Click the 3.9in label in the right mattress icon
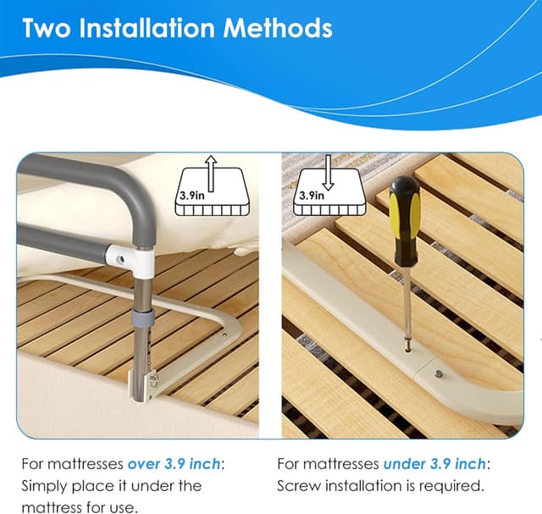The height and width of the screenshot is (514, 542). pos(311,195)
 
